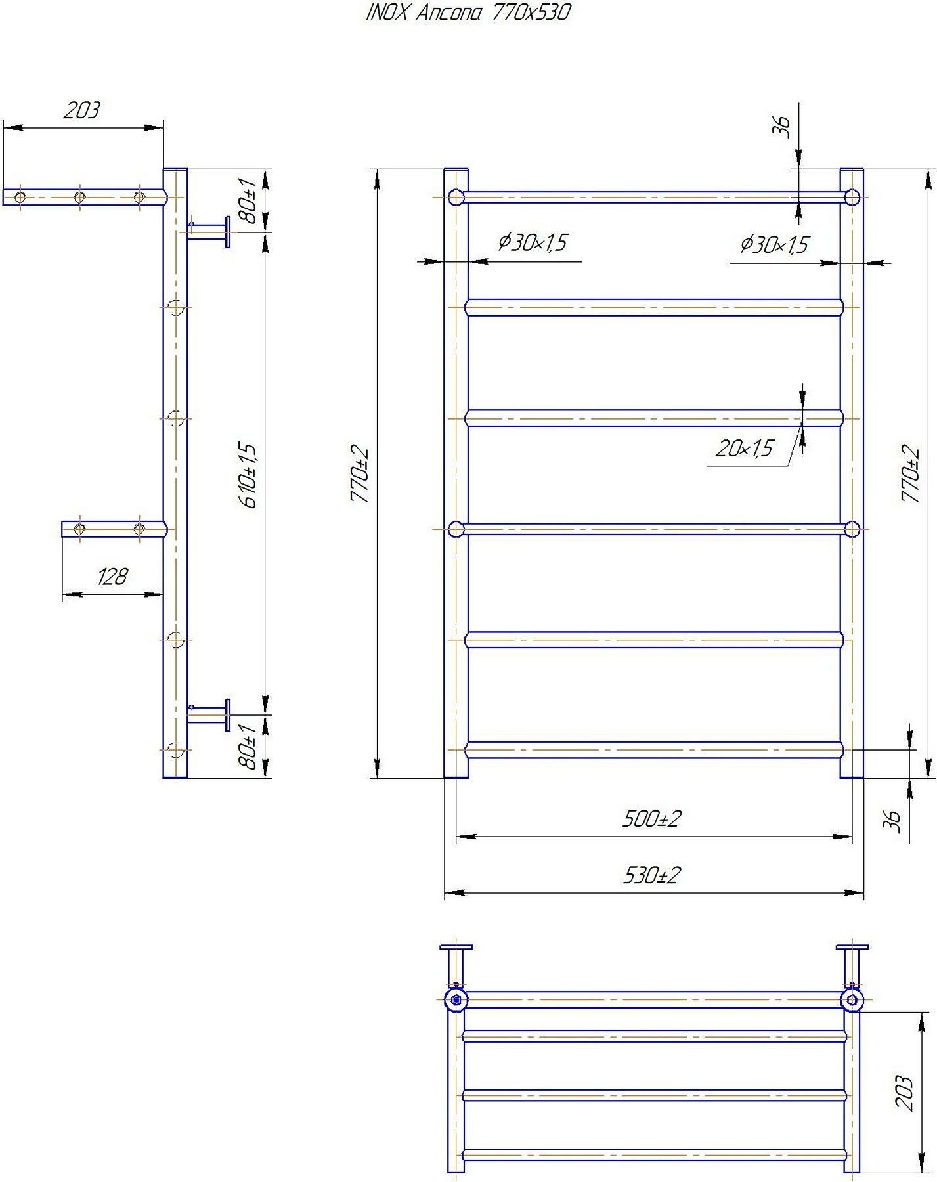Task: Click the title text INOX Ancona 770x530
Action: [x=468, y=12]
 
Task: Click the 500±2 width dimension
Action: [x=651, y=819]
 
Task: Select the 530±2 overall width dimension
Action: [x=651, y=875]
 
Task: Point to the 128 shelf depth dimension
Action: [x=112, y=577]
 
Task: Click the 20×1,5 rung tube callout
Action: [x=744, y=449]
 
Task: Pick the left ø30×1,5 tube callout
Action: [x=532, y=243]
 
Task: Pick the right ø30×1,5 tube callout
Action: [x=774, y=245]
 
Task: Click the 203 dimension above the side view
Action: [x=81, y=110]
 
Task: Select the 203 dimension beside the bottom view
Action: [x=904, y=1093]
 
